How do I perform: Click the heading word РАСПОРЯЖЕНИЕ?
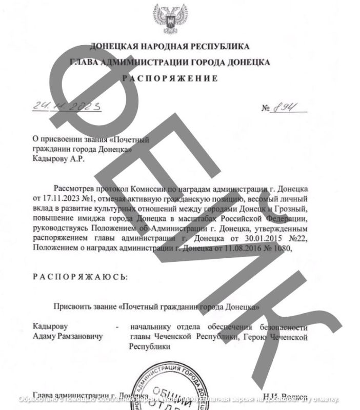pos(170,78)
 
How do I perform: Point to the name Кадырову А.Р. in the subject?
pos(57,158)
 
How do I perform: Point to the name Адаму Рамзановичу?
pos(67,337)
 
